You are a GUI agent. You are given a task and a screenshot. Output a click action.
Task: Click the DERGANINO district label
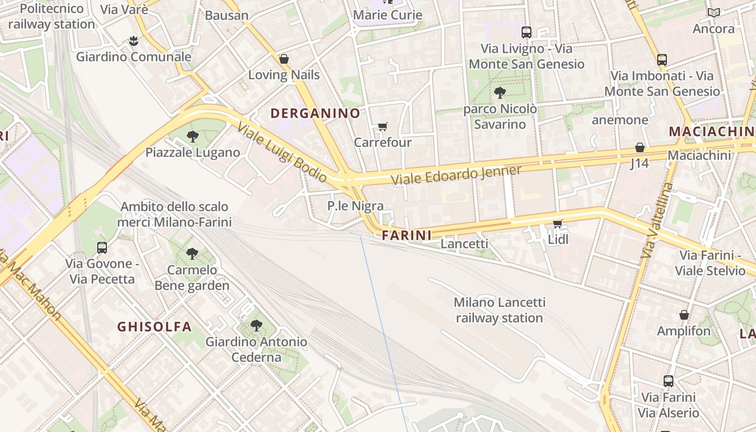click(315, 113)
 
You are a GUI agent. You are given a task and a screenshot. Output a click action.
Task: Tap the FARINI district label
click(407, 235)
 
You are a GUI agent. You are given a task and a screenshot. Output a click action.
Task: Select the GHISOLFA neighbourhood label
click(154, 327)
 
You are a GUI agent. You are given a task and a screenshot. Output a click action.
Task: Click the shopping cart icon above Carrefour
click(382, 127)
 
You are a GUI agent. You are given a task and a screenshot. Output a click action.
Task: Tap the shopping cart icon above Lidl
click(557, 224)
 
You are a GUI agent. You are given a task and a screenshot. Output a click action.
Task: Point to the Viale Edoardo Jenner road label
click(456, 175)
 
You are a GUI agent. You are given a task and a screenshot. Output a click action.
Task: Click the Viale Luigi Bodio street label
click(282, 152)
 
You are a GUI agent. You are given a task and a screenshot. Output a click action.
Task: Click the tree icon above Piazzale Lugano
click(192, 136)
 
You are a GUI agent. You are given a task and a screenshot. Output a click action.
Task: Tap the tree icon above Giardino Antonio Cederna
click(256, 326)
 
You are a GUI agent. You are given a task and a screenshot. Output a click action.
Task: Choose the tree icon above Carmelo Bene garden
click(192, 253)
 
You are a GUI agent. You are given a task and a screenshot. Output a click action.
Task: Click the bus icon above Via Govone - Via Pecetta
click(102, 248)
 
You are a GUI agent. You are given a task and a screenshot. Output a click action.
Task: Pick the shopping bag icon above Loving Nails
click(283, 59)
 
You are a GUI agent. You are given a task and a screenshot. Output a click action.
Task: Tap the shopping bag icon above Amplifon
click(684, 315)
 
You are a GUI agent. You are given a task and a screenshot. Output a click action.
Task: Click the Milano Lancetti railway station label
click(500, 310)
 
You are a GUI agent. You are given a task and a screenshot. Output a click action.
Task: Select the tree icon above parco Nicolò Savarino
click(500, 92)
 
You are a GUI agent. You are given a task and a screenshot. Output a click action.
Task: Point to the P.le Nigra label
click(355, 206)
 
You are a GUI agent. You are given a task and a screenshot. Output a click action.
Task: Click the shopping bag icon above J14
click(639, 147)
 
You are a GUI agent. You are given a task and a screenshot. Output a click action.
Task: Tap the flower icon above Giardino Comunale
click(133, 40)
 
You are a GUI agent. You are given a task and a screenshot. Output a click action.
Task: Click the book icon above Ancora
click(713, 12)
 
